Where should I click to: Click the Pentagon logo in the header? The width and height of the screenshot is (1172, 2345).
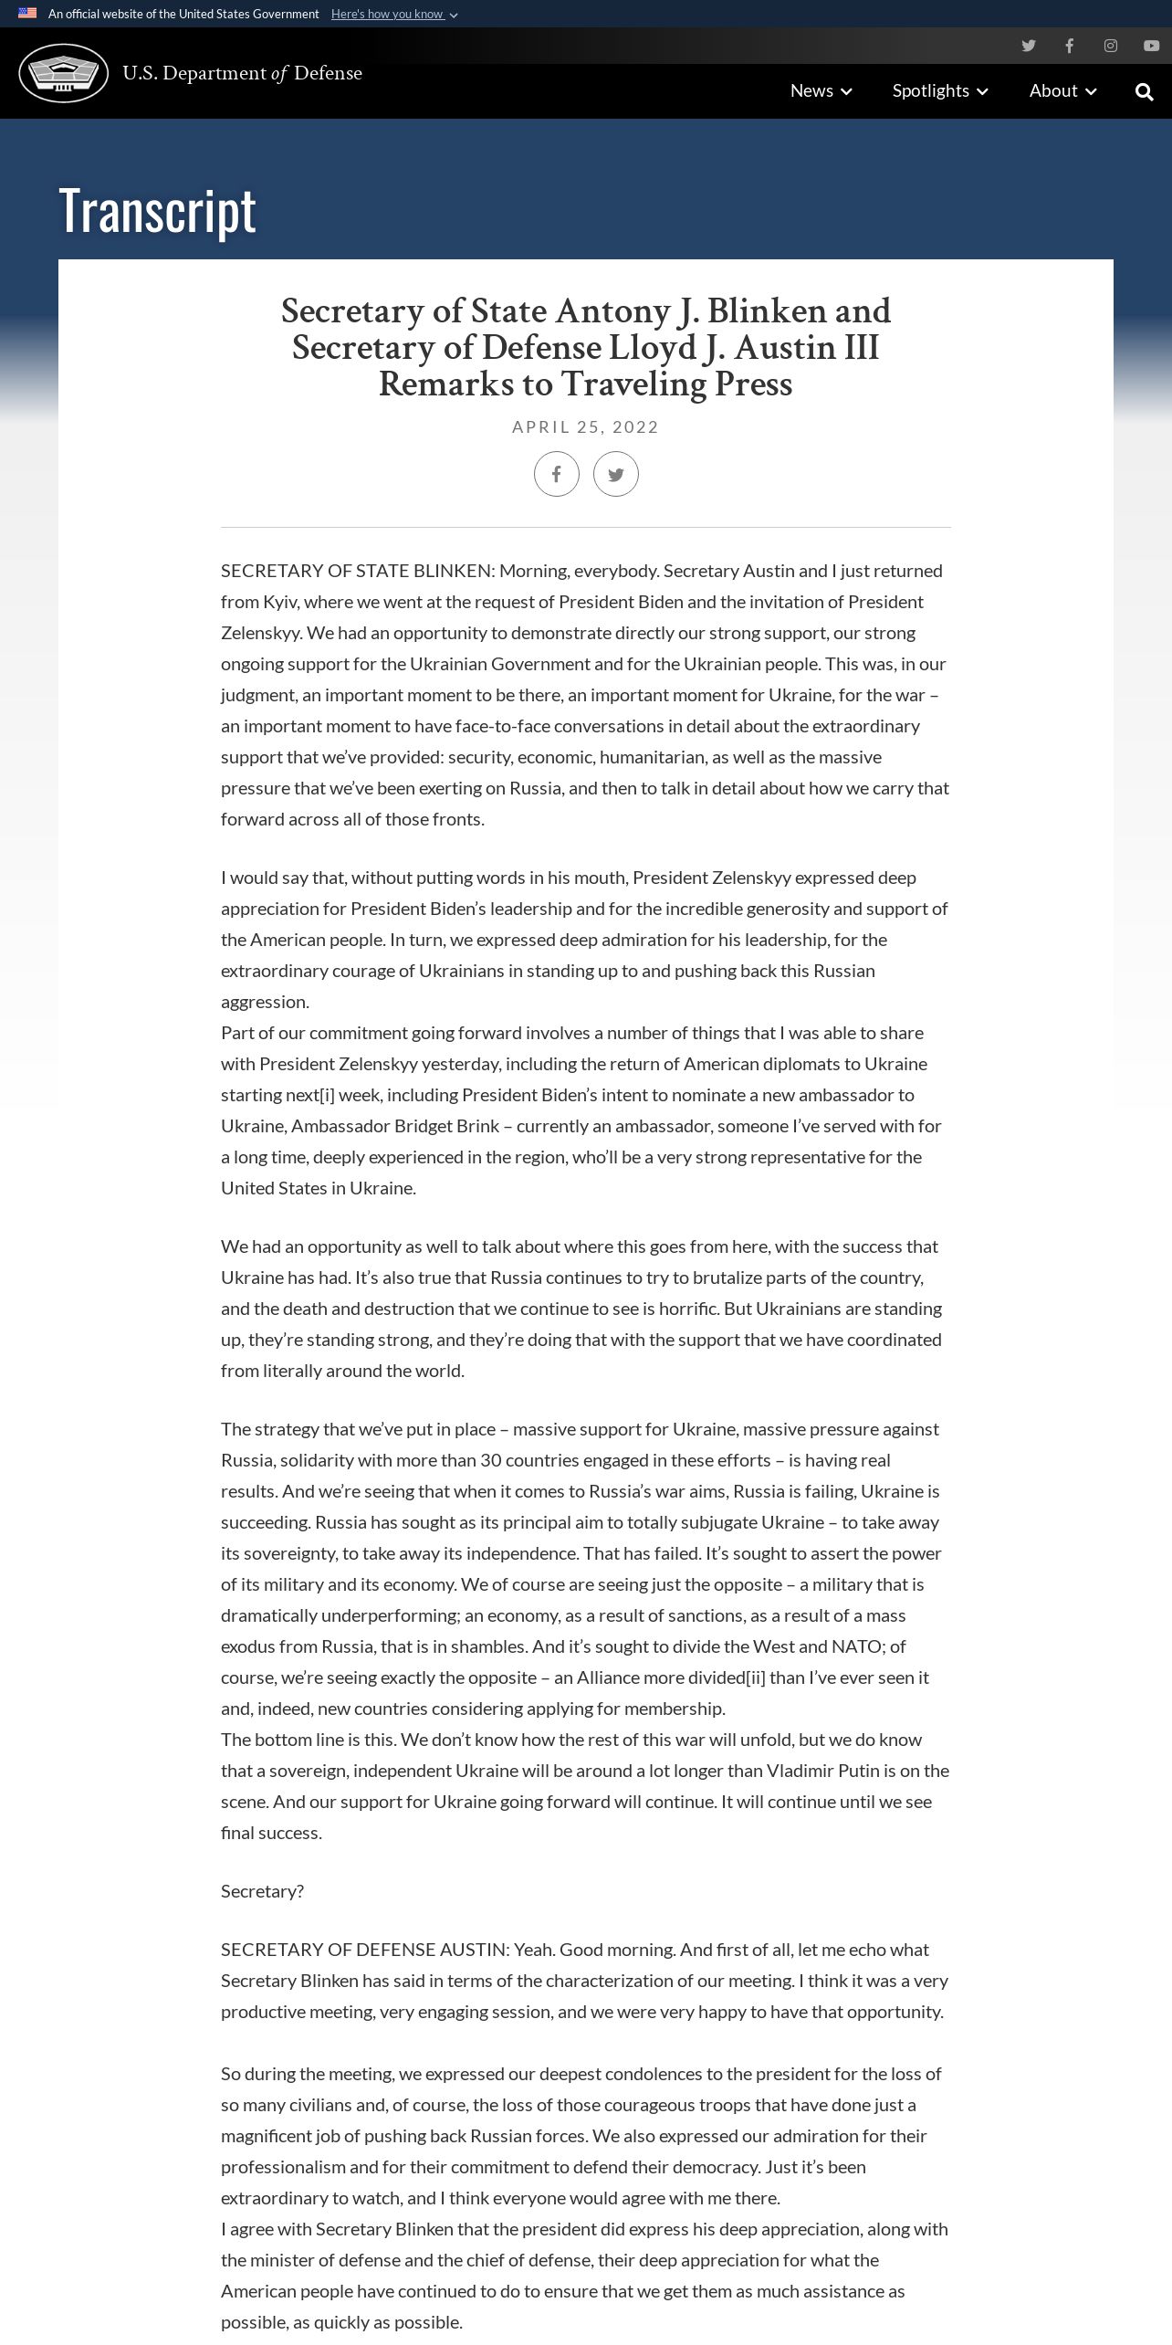[x=64, y=73]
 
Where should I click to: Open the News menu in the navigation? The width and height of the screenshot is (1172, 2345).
[x=821, y=90]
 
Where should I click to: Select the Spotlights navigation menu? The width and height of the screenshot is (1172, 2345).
[x=940, y=90]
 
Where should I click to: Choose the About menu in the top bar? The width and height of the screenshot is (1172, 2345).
[x=1062, y=90]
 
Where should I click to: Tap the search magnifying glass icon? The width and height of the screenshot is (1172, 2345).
[x=1144, y=91]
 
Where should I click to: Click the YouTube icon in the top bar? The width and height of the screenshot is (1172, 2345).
[x=1151, y=46]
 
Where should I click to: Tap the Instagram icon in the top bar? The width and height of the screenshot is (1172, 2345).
[x=1110, y=46]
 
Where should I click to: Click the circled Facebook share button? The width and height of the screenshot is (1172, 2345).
[x=557, y=474]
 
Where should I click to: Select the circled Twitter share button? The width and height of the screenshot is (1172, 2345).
[x=616, y=474]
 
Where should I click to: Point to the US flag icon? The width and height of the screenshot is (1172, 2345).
[x=27, y=14]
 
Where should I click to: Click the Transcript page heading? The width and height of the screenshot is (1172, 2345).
[x=157, y=211]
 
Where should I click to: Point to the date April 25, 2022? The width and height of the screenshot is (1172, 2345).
[x=585, y=426]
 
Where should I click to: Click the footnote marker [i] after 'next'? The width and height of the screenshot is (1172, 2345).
[x=328, y=1095]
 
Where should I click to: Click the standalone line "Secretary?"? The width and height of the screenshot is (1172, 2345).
[x=262, y=1891]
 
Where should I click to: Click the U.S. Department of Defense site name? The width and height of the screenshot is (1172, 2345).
[x=242, y=73]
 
